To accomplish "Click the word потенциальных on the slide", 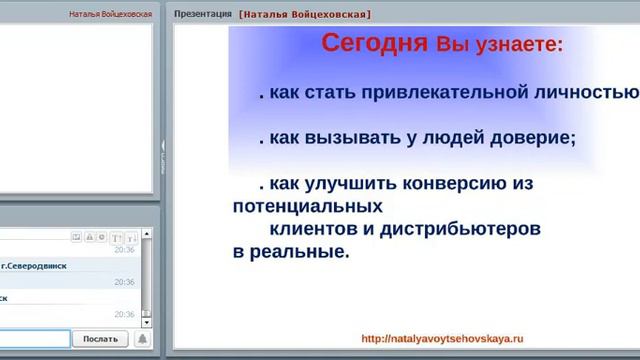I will [308, 207].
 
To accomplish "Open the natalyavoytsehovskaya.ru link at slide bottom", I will [442, 339].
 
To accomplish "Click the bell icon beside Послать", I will [143, 339].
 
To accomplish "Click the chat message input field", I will [35, 339].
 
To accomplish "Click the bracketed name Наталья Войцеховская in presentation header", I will [305, 15].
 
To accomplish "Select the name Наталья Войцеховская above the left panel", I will [111, 15].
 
